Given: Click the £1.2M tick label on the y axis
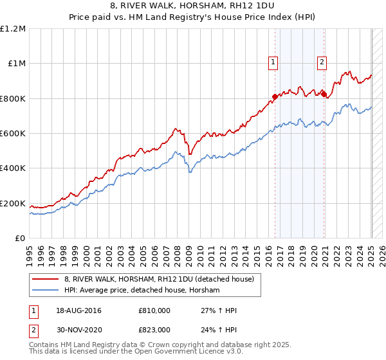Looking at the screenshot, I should coord(13,29).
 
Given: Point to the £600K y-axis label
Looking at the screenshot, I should coord(13,134).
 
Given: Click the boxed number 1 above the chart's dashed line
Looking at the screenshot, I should coord(273,62).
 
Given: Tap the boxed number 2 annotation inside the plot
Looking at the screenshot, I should coord(322,62).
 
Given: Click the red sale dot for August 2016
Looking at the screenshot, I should coord(275,96).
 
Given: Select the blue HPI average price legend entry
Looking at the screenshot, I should coord(142,291).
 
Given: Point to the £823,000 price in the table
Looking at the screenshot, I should coord(154,330).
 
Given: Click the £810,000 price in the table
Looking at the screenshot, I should coord(154,310).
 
